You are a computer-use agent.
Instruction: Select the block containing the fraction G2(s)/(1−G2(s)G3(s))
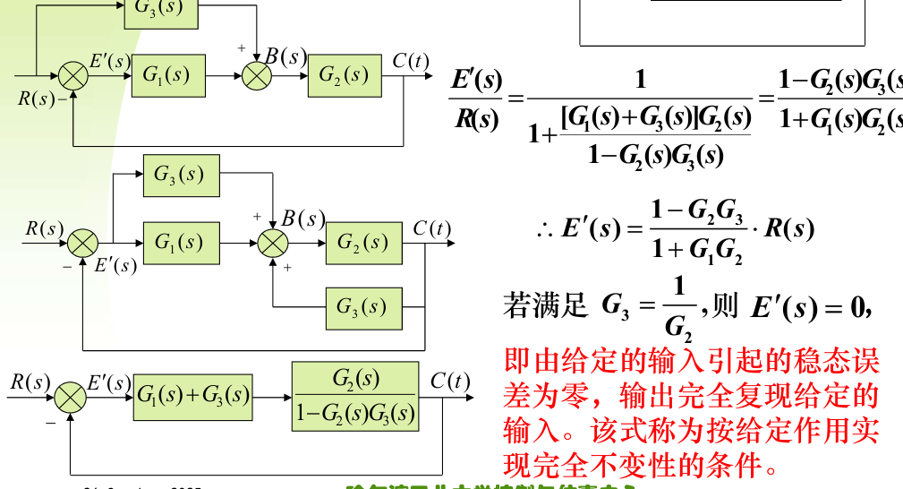(355, 396)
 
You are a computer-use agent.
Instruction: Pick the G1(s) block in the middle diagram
(181, 242)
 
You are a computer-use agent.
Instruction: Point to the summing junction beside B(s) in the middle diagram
(274, 243)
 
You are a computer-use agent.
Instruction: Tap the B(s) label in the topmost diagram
(293, 56)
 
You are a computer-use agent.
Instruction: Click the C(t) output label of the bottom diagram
(449, 382)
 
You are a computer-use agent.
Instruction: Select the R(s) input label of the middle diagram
(44, 228)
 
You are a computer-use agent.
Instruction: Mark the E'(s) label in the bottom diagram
(108, 383)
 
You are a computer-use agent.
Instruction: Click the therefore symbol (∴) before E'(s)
(545, 229)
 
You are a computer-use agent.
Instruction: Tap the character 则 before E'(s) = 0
(726, 306)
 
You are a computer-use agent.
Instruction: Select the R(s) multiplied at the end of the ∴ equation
(788, 228)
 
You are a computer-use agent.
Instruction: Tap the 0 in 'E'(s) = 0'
(861, 307)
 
